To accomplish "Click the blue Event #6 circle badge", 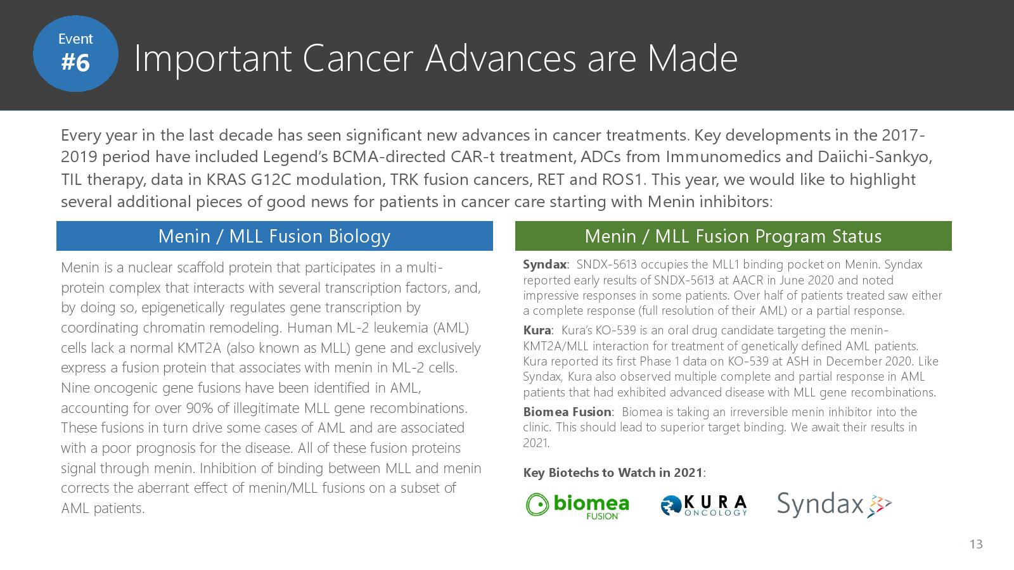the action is coord(75,54).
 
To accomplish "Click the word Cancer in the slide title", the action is coord(357,58).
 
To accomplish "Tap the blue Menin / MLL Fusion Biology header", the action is coord(274,236).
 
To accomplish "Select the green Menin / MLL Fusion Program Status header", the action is coord(733,236).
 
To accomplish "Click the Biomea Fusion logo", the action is coord(577,506).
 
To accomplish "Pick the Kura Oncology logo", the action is coord(704,505).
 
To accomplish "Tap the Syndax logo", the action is coord(834,504).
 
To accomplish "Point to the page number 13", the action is coord(976,544).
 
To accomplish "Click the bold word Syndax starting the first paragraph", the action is coord(545,264).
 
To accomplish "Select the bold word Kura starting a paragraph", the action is coord(537,330).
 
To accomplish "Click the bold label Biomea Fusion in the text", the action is coord(567,412).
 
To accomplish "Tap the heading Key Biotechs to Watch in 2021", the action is coord(613,472).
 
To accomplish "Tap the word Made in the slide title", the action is coord(692,58).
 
